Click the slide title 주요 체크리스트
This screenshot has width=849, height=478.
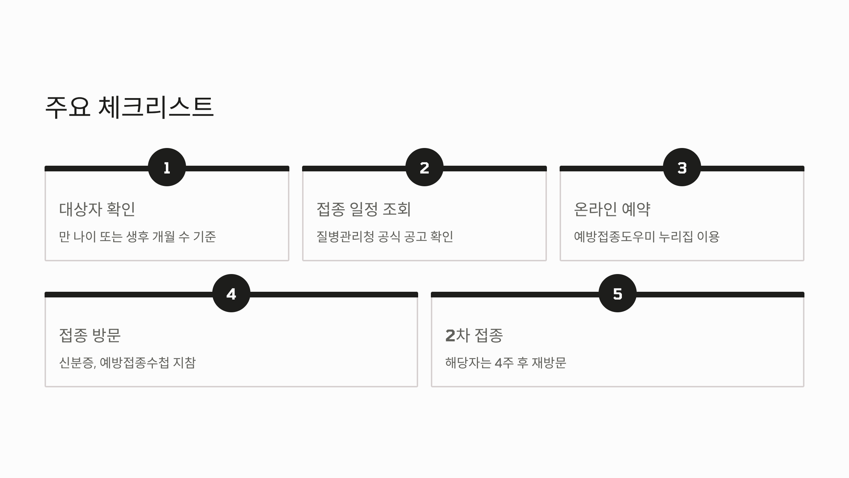point(129,107)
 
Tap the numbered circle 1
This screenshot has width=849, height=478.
point(167,167)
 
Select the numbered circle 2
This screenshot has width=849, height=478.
point(424,167)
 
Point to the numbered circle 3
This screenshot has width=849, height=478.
point(682,167)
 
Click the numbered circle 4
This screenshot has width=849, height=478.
point(231,293)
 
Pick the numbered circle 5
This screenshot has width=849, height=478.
point(618,293)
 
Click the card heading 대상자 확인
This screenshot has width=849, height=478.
point(97,209)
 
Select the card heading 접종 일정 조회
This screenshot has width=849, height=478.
point(364,209)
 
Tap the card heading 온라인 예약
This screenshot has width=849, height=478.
point(612,209)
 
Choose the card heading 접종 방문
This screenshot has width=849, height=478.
point(90,335)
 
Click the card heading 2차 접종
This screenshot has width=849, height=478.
point(474,335)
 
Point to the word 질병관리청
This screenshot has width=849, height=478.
point(345,237)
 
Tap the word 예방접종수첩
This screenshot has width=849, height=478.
point(134,363)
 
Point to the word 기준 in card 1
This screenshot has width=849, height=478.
point(204,237)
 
